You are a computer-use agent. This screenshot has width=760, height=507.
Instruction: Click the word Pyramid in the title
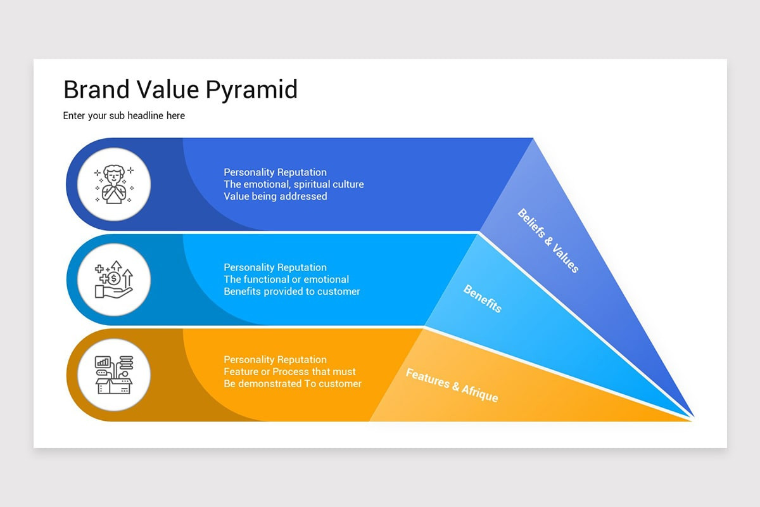[x=251, y=90]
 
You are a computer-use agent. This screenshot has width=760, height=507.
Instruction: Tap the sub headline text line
[x=124, y=116]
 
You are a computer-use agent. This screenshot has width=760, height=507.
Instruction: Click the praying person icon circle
[x=114, y=184]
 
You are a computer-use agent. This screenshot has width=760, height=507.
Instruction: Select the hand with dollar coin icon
[x=114, y=279]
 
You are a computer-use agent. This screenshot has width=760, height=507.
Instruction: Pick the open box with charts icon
[x=114, y=375]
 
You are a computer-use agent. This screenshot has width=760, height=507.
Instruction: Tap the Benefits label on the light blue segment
[x=483, y=298]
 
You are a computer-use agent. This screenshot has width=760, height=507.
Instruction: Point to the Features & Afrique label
[x=452, y=385]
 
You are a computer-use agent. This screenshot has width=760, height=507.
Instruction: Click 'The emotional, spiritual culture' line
[x=294, y=184]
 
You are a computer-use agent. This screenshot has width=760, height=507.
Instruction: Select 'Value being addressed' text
[x=275, y=196]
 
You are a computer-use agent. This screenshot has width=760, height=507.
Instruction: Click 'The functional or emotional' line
[x=286, y=279]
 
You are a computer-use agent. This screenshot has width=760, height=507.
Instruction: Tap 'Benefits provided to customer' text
[x=292, y=292]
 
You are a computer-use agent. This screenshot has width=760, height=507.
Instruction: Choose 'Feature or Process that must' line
[x=290, y=372]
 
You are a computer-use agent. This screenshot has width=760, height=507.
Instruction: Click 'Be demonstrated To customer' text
[x=293, y=384]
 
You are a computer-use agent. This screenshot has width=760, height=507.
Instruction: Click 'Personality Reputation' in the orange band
[x=275, y=360]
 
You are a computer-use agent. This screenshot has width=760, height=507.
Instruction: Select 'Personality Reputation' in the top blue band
[x=275, y=172]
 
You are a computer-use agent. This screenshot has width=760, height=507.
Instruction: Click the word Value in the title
[x=167, y=90]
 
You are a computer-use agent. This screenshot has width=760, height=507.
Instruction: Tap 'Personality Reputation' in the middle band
[x=275, y=267]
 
